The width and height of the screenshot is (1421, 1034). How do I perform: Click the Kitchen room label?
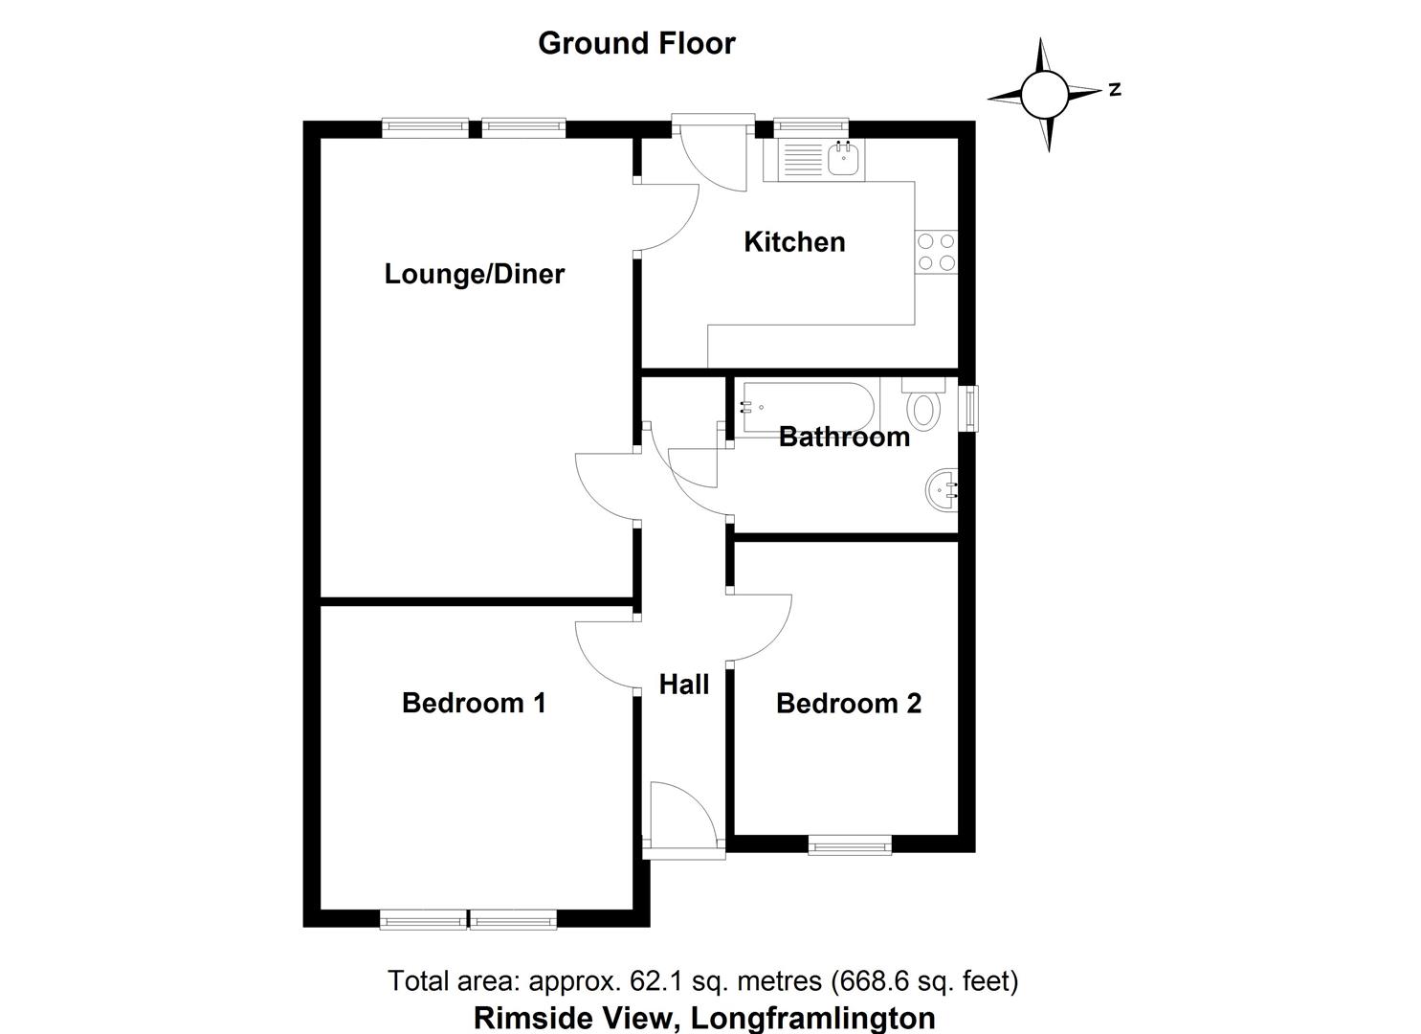(794, 241)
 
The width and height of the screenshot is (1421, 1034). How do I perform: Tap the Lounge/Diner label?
(475, 274)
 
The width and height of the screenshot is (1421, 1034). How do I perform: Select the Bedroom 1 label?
(474, 703)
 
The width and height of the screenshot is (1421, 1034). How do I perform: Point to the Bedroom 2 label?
(849, 704)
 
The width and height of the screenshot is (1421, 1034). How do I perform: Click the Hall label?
(684, 685)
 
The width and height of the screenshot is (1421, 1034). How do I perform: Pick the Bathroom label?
(844, 438)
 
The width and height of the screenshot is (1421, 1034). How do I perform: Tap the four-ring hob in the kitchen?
(936, 251)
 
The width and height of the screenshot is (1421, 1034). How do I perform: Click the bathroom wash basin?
(943, 490)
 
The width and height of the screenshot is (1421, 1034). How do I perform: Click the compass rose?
(1044, 94)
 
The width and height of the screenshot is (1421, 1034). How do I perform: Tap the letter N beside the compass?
(1115, 91)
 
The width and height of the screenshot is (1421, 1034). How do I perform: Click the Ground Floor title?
(636, 43)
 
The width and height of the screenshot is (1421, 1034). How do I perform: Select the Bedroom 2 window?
(849, 844)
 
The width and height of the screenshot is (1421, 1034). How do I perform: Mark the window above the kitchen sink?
(810, 124)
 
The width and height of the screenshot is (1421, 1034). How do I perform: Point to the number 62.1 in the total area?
(655, 981)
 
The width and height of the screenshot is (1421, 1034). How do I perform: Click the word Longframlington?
(813, 1017)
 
